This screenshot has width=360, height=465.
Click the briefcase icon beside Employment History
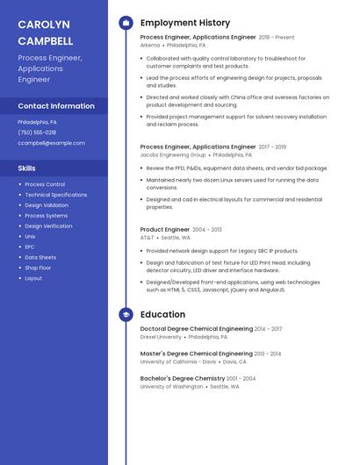[126, 23]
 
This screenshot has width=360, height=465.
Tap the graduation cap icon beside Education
[126, 314]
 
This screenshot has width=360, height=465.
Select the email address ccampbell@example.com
[51, 142]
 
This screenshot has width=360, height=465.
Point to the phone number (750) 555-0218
[37, 132]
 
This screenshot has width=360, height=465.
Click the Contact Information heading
[56, 106]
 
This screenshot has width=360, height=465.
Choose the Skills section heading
[27, 168]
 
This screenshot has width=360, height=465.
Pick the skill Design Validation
[47, 205]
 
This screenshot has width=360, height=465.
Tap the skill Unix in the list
[30, 236]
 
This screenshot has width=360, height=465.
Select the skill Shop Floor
[38, 268]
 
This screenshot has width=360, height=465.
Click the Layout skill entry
[33, 278]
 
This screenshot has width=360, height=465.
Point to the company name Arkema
[150, 45]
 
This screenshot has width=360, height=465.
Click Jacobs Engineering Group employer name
[173, 154]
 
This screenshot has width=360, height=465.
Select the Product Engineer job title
[165, 229]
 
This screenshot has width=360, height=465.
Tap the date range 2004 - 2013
[207, 229]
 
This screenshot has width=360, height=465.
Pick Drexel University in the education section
[161, 337]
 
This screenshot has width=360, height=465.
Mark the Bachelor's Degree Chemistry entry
[183, 378]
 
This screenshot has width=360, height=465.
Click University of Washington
[171, 386]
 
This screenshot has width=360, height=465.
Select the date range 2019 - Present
[277, 38]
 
